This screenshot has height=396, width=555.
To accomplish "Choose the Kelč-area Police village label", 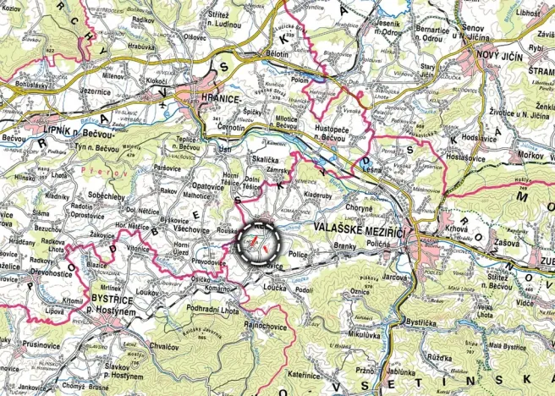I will click(298, 253).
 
